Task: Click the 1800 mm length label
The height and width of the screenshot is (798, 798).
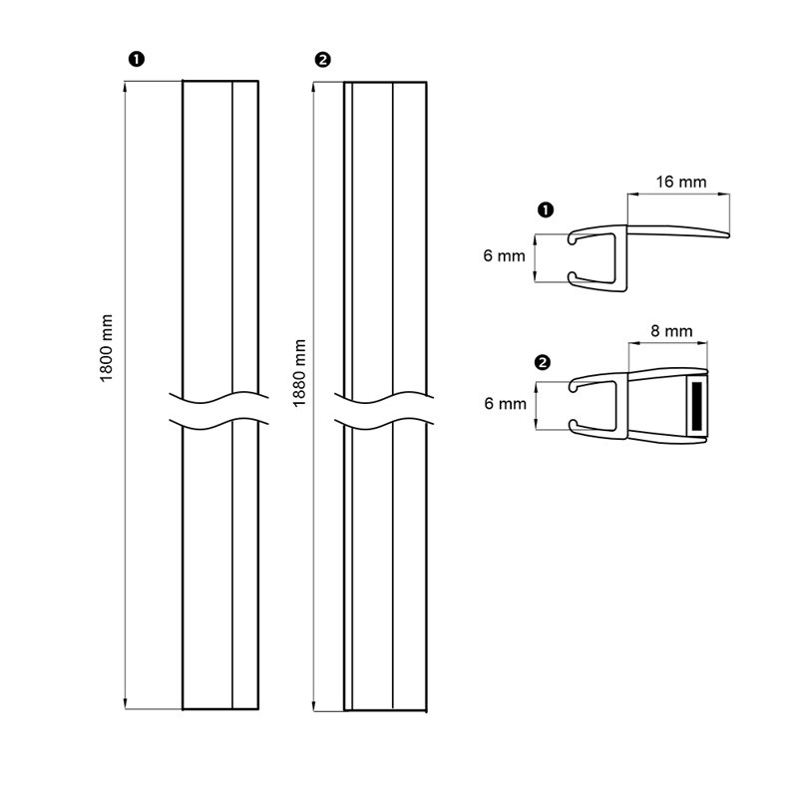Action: tap(106, 348)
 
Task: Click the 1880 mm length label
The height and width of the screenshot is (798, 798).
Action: tap(300, 373)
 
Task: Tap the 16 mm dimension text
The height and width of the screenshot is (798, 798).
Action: tap(681, 182)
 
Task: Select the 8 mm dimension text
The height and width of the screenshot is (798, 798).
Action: tap(671, 331)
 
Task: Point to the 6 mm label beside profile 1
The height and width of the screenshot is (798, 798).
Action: tap(504, 255)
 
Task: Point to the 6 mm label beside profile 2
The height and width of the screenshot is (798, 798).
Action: tap(505, 404)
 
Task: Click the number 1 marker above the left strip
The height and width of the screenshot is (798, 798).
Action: tap(137, 60)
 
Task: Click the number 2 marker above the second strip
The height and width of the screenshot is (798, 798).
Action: tap(322, 60)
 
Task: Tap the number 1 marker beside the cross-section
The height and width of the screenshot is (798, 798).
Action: tap(546, 209)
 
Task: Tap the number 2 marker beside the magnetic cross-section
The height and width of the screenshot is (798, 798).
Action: tap(543, 363)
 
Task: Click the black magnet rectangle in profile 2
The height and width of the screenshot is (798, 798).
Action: tap(697, 405)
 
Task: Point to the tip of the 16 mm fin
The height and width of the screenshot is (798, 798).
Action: tap(729, 235)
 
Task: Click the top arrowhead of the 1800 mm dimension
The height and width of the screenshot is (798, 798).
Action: tap(126, 87)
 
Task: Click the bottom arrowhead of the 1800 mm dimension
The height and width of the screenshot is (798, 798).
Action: tap(126, 703)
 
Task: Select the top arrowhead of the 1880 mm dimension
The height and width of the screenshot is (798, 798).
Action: tap(314, 88)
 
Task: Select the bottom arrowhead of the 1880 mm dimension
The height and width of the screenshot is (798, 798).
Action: tap(314, 705)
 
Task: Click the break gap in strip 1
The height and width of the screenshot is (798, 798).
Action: tap(219, 411)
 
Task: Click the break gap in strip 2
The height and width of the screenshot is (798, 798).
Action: tap(384, 411)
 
